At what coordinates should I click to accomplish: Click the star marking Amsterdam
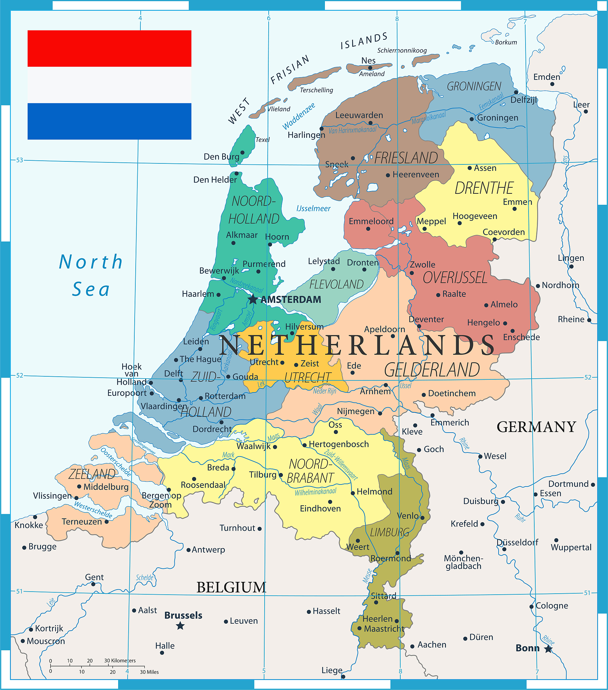pos(253,299)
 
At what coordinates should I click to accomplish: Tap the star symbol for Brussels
pos(180,626)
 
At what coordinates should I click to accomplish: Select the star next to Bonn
pos(548,649)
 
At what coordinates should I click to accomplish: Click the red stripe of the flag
pos(109,48)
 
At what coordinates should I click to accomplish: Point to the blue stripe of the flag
pos(109,121)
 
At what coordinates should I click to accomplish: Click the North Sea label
pos(91,276)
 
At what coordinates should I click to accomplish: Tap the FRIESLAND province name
pos(406,158)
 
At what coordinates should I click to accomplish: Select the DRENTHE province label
pos(484,188)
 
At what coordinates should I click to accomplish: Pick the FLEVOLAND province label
pos(336,285)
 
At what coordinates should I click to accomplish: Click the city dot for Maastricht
pos(359,628)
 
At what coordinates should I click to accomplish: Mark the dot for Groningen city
pos(472,119)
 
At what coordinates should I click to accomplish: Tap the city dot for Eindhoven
pos(330,502)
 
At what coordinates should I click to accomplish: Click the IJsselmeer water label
pos(313,209)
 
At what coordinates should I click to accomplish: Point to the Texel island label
pos(263,140)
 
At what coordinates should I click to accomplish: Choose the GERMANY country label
pos(536,427)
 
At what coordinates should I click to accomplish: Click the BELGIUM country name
pos(232,587)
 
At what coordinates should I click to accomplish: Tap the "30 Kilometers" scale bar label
pos(120,661)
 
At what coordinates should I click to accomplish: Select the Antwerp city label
pos(208,550)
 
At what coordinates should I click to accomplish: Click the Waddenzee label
pos(299,116)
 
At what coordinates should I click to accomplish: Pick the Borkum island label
pos(506,42)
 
